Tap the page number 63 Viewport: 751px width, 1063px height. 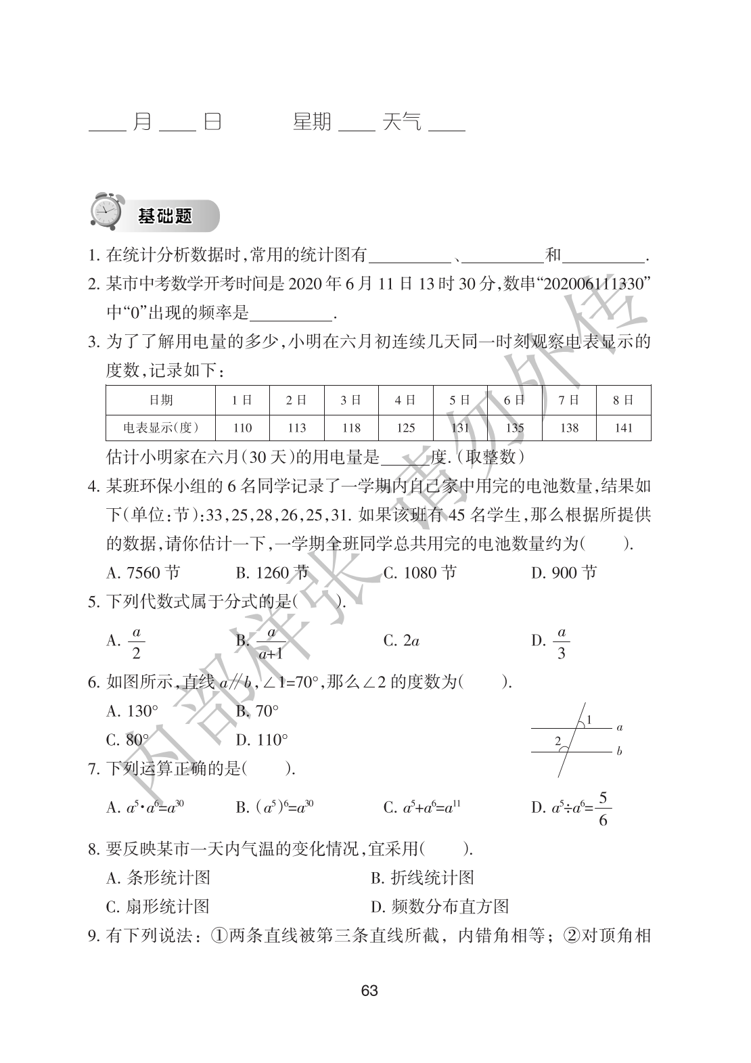coord(369,991)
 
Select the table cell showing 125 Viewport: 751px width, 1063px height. coord(405,428)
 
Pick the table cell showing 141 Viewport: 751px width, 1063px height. coord(623,428)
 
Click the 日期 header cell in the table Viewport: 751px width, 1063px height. coord(160,400)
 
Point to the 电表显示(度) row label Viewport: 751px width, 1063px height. coord(160,428)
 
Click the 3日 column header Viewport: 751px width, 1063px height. coord(350,400)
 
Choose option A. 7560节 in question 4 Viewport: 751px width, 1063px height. coord(143,573)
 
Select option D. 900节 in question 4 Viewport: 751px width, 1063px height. coord(564,573)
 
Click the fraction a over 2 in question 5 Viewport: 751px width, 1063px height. coord(136,642)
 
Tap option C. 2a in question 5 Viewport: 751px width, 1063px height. coord(401,641)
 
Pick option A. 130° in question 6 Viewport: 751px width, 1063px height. coord(133,710)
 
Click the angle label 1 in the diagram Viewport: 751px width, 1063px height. coord(589,719)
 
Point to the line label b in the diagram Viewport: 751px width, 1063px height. coord(620,751)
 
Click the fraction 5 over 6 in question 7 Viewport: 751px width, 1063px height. coord(604,809)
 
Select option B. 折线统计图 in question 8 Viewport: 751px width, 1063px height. coord(422,878)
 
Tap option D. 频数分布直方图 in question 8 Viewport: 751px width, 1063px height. coord(440,907)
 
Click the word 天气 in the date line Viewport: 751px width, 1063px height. coord(402,122)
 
